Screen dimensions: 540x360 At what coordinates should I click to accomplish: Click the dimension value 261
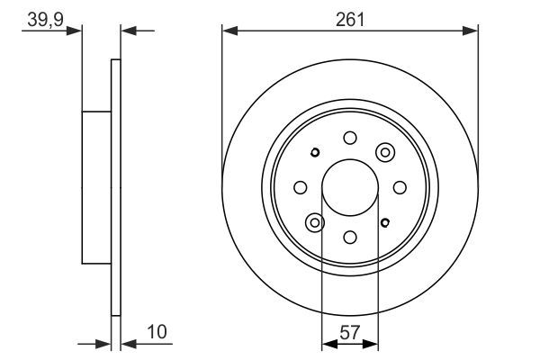(x=349, y=20)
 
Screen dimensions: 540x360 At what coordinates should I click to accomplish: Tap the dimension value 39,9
(x=46, y=19)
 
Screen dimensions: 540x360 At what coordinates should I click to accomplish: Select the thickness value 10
(x=157, y=332)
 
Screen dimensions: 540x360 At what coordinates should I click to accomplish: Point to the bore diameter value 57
(x=349, y=332)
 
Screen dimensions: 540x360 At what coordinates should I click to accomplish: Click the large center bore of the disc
(x=350, y=187)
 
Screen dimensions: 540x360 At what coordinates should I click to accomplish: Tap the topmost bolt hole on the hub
(x=350, y=138)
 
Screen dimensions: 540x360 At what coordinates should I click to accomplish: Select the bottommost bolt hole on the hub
(x=350, y=237)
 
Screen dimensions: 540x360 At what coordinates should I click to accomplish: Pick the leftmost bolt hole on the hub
(x=301, y=187)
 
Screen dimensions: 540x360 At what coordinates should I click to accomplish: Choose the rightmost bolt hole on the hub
(x=400, y=187)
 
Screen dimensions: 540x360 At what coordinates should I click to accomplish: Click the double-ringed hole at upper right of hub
(x=385, y=152)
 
